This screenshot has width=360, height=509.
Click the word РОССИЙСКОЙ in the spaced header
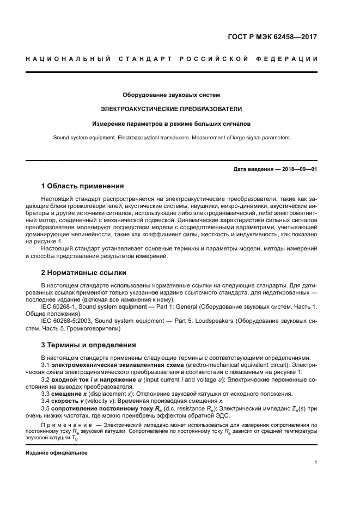(212, 59)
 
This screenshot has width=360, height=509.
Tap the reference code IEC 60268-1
(60, 306)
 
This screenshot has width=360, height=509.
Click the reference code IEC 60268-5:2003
(68, 321)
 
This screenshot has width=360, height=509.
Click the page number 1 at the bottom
(315, 463)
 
